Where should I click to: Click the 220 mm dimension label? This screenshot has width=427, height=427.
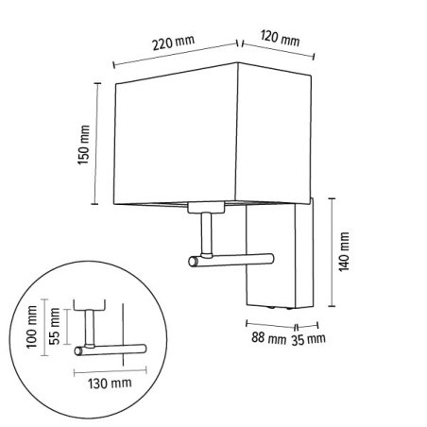coord(174,43)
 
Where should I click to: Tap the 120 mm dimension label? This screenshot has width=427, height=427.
coord(280,39)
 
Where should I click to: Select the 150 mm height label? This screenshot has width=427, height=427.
coord(83,145)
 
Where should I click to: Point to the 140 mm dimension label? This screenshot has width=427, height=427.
coord(344,251)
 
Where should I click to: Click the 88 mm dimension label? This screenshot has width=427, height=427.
coord(268,338)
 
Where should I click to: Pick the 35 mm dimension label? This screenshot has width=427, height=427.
coord(308,339)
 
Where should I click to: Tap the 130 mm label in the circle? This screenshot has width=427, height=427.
coord(110,384)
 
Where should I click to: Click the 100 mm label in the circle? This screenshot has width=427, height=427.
coord(32,327)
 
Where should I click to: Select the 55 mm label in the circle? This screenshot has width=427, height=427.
coord(54,326)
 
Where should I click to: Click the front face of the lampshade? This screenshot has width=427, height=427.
coord(175,135)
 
